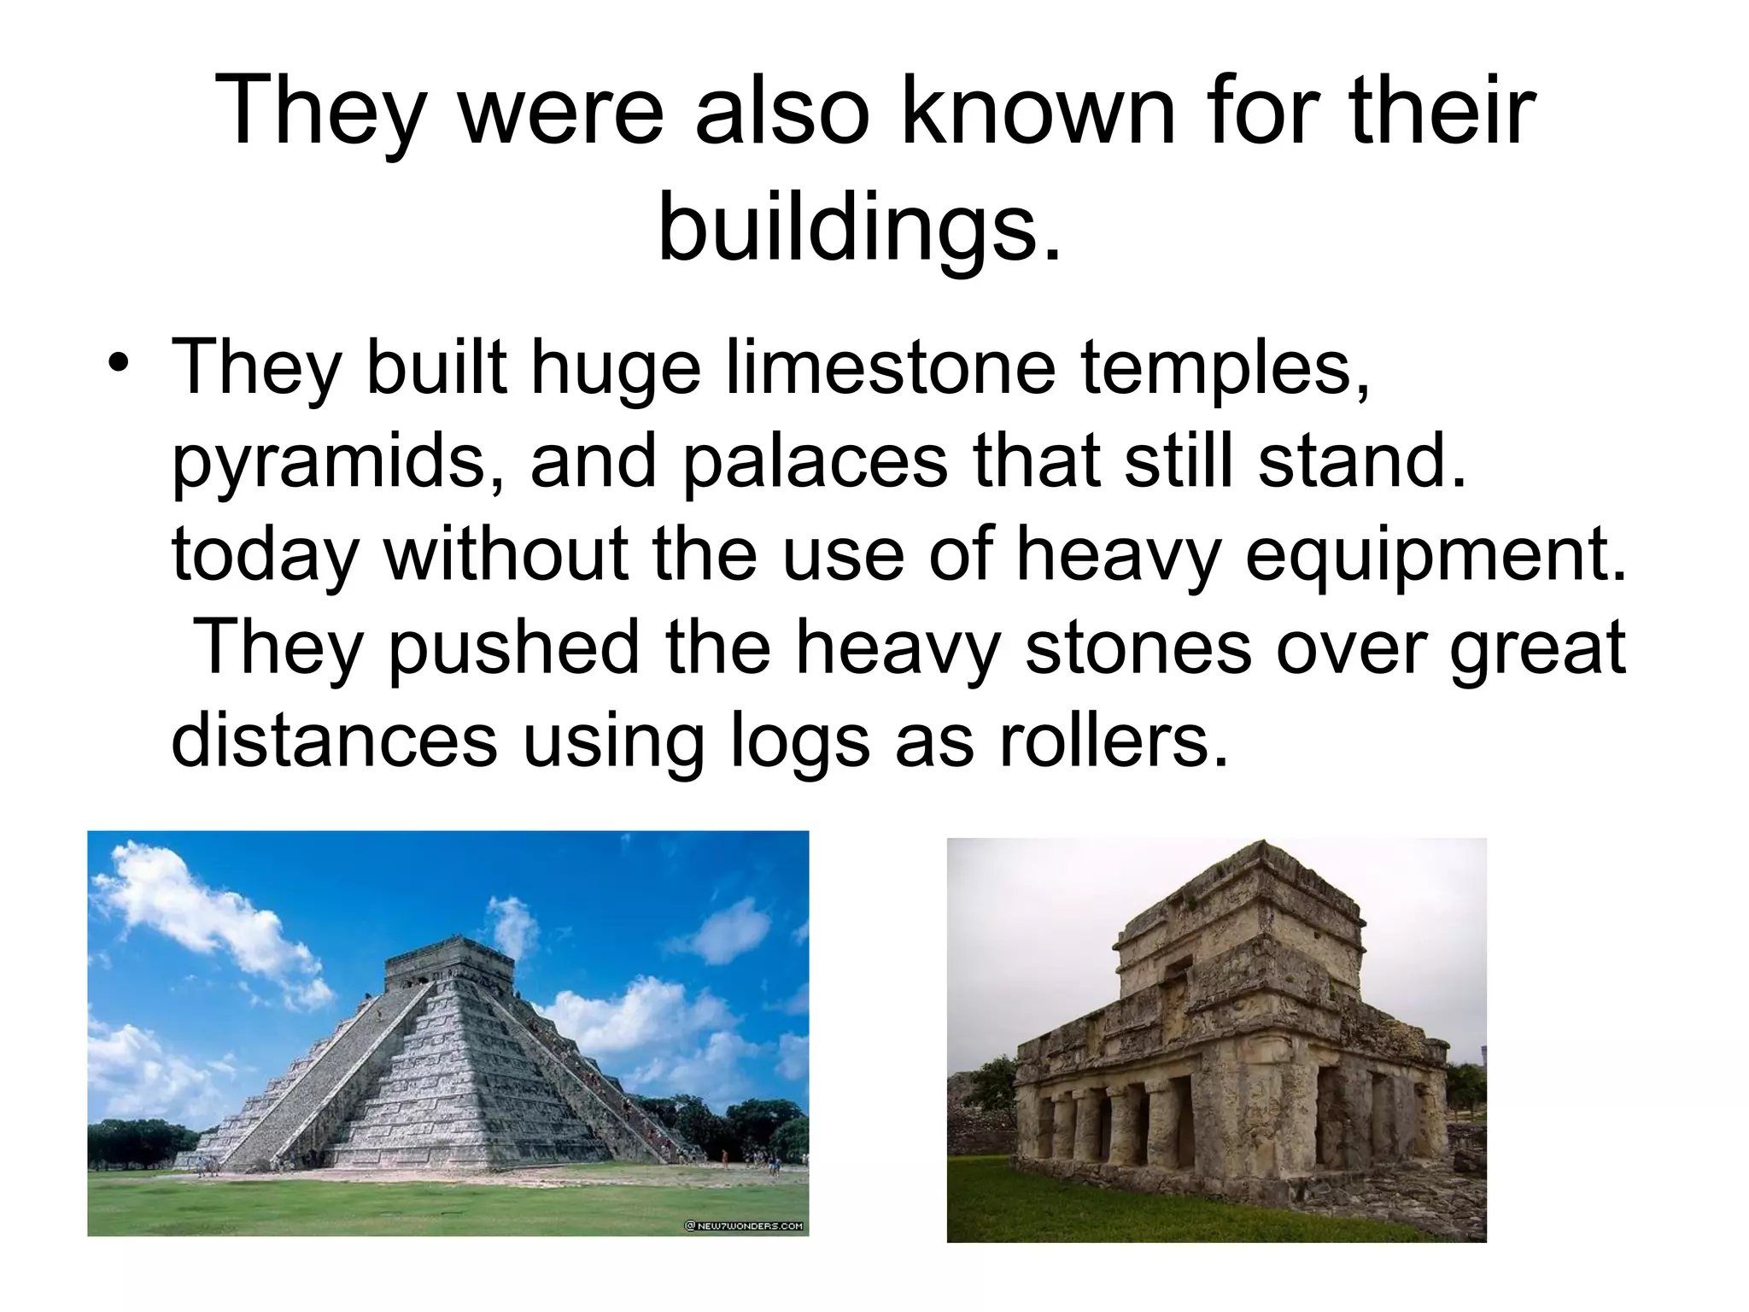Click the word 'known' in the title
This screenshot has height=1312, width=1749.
[x=1009, y=111]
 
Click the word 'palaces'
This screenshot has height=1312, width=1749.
[x=816, y=461]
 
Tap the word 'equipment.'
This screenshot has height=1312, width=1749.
[x=1435, y=555]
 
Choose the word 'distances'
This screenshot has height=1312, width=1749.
[x=334, y=740]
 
